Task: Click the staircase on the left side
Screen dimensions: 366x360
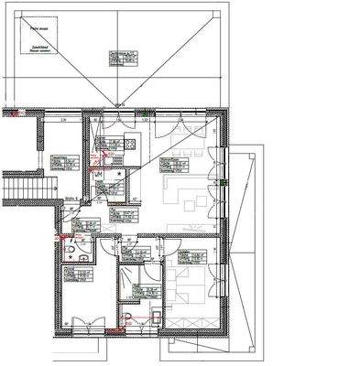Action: click(19, 187)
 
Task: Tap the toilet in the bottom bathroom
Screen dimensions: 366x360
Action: click(128, 317)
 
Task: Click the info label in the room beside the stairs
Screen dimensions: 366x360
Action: click(62, 162)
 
